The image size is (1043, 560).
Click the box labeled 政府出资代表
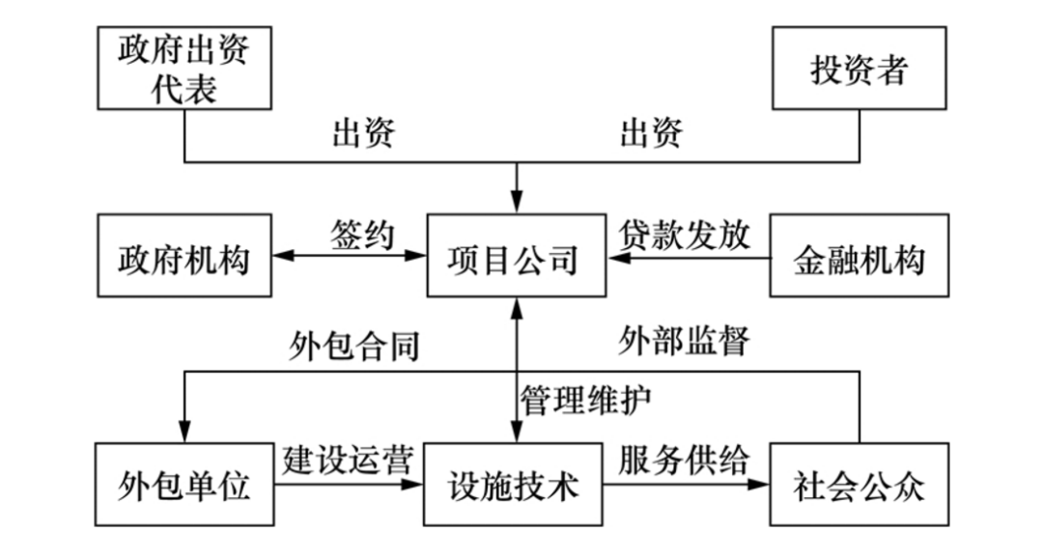183,68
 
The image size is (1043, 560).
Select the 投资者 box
859,68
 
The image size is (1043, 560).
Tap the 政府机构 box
183,257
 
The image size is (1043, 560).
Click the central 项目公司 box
517,257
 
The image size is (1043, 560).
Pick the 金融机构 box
859,257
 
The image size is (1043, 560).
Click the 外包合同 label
353,344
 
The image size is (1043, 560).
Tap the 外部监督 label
685,340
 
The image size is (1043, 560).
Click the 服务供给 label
685,458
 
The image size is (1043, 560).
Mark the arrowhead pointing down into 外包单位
183,434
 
